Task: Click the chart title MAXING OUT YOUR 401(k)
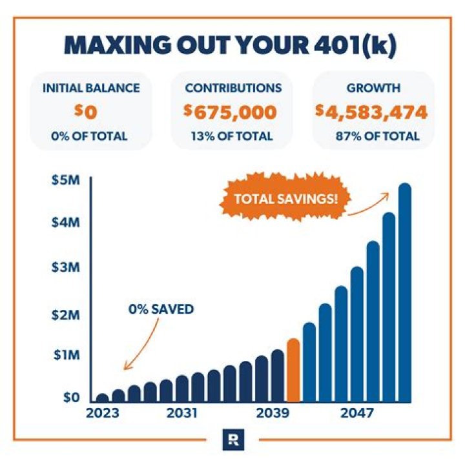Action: click(232, 47)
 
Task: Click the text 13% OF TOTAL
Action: click(232, 136)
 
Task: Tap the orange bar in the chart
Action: click(293, 371)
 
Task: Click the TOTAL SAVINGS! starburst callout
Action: click(285, 197)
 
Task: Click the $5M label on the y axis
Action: click(65, 180)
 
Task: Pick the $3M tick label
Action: click(65, 267)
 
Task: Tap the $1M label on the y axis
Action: click(65, 354)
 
